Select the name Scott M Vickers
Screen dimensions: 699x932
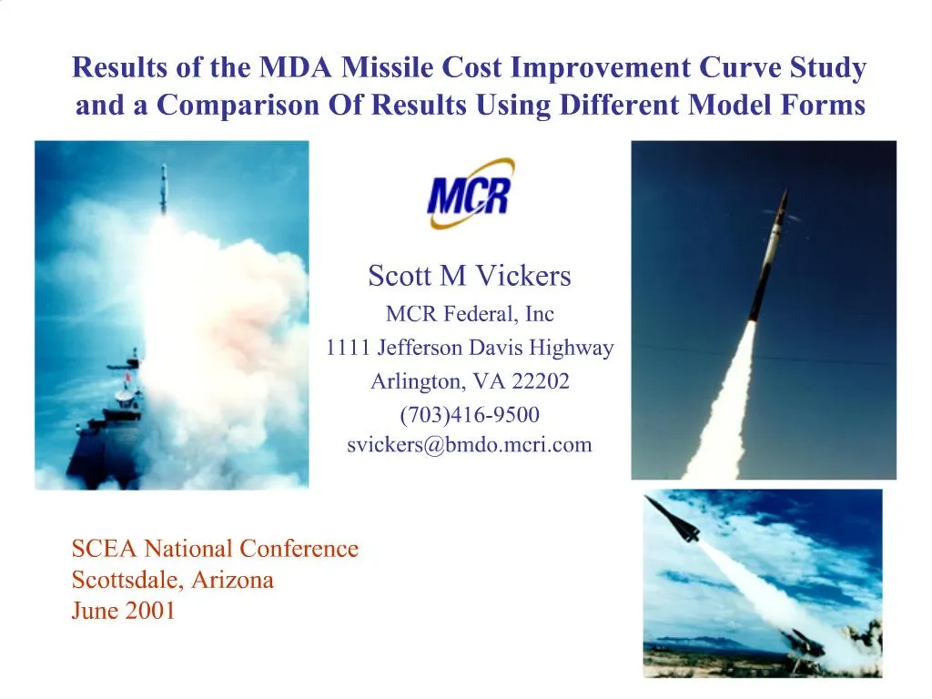[x=469, y=275]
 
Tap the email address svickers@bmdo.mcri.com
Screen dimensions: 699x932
[x=469, y=445]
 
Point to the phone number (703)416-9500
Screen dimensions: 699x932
[x=470, y=415]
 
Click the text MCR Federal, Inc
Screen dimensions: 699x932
[x=470, y=315]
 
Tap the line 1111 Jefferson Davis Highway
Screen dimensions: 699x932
[x=470, y=348]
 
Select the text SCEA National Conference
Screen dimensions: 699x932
[x=215, y=549]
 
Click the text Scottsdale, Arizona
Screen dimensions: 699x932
[x=172, y=580]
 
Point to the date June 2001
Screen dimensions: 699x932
[x=123, y=611]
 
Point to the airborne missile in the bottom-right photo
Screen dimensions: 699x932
[x=673, y=518]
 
